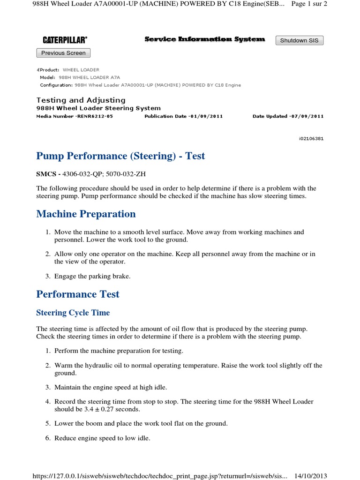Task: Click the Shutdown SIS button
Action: tap(299, 40)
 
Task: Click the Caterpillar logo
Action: tap(65, 40)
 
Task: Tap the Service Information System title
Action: tap(204, 39)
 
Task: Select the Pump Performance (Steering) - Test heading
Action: tap(120, 156)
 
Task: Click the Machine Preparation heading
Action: tap(86, 214)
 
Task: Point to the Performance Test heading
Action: tap(78, 294)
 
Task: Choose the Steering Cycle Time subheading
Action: tap(73, 313)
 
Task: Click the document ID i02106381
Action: tap(311, 138)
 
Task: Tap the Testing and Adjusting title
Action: tap(81, 100)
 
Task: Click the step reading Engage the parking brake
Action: tap(92, 276)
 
